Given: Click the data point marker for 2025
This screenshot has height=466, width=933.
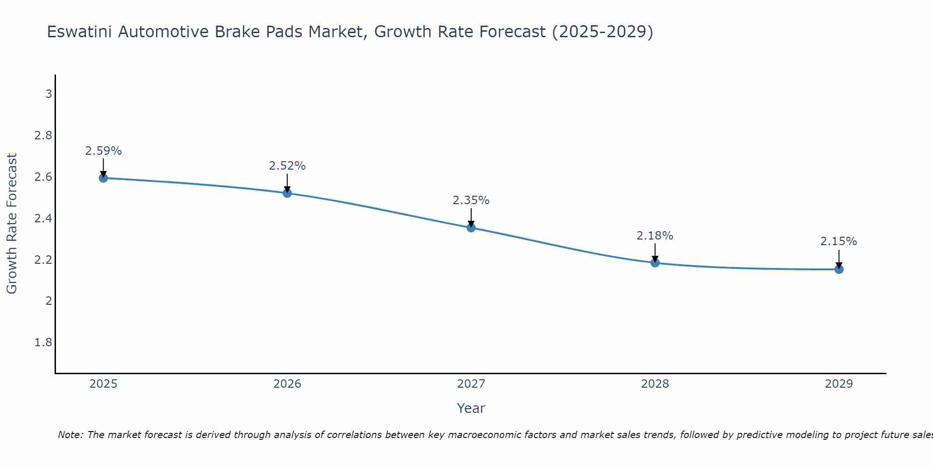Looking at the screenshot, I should (103, 178).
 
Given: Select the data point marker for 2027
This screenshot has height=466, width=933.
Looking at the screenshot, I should (471, 227).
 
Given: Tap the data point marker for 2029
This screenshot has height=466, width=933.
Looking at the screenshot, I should (839, 269).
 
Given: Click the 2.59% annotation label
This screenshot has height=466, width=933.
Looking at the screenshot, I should (103, 151).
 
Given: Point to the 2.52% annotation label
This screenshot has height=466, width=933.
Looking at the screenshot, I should (287, 166).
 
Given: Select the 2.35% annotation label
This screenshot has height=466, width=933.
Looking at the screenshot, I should (471, 200).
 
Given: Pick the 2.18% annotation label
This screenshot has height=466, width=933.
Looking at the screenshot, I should (655, 236).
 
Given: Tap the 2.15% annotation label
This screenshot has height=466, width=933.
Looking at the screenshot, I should (839, 241).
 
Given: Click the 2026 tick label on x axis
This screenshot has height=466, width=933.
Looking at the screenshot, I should (287, 384).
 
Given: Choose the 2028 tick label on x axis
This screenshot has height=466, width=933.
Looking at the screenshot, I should (655, 384).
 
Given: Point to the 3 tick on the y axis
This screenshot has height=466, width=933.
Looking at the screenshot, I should (49, 94).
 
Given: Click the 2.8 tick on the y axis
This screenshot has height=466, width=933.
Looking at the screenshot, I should (43, 136).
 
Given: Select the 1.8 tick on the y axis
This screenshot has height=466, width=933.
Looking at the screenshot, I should (43, 343).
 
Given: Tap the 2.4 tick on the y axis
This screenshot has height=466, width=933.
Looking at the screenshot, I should (43, 218).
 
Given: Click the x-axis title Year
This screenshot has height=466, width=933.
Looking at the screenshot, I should (471, 408).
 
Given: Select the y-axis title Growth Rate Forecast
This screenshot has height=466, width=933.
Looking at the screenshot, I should (12, 224).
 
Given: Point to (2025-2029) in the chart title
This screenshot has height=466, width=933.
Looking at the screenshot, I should (602, 32).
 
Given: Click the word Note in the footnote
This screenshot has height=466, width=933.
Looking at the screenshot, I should (70, 435).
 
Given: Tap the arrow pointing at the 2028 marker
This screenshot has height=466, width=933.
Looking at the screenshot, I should (655, 254).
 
